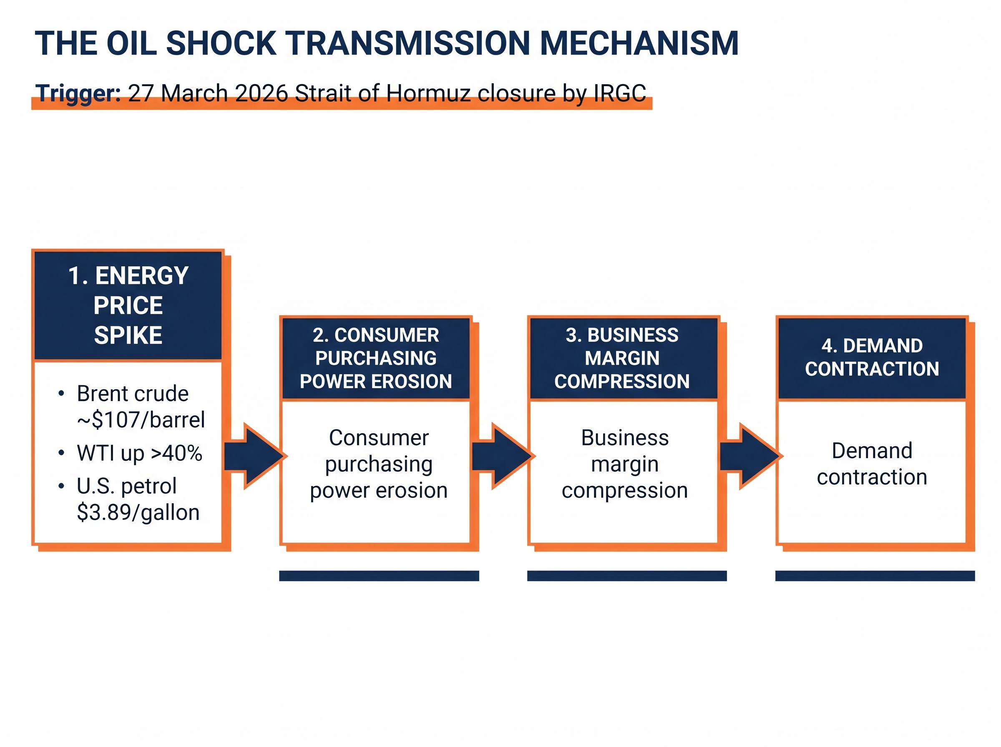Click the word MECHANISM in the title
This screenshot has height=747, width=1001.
[639, 44]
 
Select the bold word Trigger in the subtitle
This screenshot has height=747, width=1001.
[78, 94]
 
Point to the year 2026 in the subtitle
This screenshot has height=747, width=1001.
[262, 94]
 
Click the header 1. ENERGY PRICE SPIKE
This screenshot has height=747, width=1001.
[128, 305]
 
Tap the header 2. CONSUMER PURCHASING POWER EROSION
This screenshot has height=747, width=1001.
[375, 358]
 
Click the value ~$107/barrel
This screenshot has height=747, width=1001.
[141, 420]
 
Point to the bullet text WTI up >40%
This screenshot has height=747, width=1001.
[139, 453]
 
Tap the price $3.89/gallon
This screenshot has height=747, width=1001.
[138, 512]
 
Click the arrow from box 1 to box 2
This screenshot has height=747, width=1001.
[256, 456]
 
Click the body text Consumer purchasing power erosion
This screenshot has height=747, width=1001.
[379, 464]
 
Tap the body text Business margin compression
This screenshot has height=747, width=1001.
[625, 464]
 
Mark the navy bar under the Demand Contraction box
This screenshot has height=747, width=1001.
[875, 576]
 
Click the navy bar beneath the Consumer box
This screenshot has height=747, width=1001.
[379, 576]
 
